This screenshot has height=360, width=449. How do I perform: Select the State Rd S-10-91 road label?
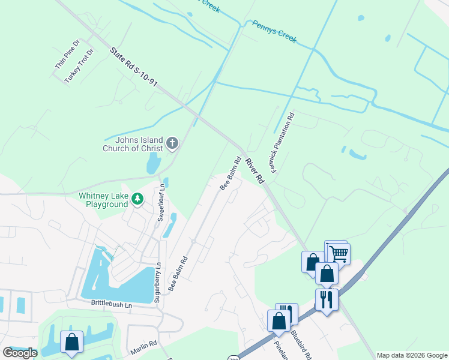coord(134,68)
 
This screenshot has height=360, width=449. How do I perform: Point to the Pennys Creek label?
coord(274,31)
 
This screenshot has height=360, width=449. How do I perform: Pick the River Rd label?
coord(255,171)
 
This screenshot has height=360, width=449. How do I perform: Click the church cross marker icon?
coord(172,143)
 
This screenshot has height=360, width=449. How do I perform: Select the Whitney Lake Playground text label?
coord(103,200)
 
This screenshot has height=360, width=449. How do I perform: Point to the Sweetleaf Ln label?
coord(160,204)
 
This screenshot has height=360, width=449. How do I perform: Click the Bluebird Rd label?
coord(301,344)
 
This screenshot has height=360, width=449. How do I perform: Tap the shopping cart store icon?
coord(338,254)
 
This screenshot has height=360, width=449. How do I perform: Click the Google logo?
coord(20,352)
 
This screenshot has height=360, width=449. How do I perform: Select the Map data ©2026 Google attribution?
coord(412,355)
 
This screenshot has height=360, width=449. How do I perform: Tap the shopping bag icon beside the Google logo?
coord(71,343)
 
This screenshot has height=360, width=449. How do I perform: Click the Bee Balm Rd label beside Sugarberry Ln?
coord(178,274)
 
